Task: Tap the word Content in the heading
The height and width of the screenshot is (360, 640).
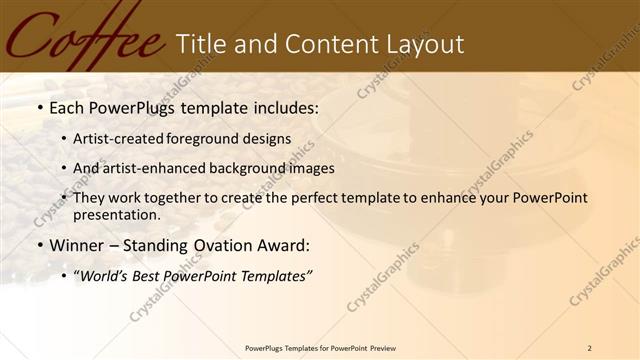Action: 325,44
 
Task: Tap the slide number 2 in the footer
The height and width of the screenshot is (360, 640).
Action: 590,348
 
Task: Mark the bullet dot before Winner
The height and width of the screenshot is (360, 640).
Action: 39,245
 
